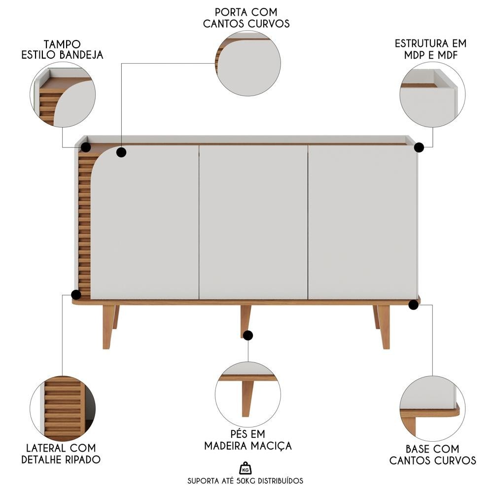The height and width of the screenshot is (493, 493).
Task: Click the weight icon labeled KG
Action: pos(246,468)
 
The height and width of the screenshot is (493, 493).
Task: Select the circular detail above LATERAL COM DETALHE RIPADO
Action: pos(63,409)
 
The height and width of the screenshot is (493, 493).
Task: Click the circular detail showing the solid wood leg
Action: pos(248,394)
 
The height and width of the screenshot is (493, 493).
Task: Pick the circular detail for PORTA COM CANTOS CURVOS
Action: pos(248,63)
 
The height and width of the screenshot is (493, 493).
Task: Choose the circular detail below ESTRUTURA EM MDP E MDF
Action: pos(432,95)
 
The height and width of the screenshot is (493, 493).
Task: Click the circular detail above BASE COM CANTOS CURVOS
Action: pos(432,408)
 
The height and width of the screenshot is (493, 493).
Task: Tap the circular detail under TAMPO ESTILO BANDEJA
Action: pos(63,95)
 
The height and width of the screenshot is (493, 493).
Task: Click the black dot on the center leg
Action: pos(248,335)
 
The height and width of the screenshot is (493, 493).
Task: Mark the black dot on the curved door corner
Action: pos(121,152)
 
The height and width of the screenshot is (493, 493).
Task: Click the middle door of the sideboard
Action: pos(253,222)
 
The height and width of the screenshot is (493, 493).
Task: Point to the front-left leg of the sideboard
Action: pos(108,327)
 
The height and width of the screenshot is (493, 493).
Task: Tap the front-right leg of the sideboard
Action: pos(384,327)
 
